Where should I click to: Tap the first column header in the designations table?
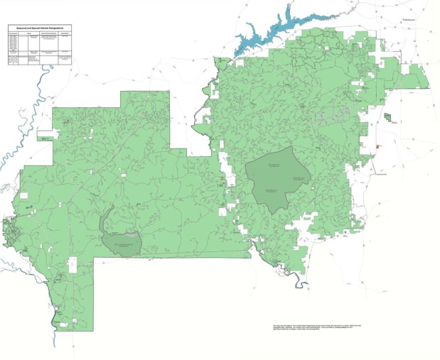coord(11,33)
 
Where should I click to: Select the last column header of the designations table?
coord(65,33)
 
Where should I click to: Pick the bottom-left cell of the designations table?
coord(11,60)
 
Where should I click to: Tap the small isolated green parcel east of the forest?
coord(387,117)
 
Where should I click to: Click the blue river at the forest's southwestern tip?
coord(55,312)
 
